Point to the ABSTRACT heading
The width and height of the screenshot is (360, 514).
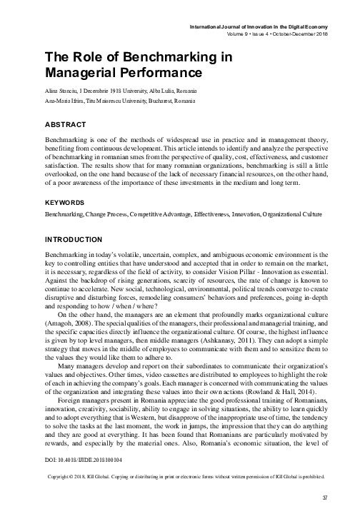coord(66,125)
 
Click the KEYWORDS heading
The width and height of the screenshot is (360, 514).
coord(66,183)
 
